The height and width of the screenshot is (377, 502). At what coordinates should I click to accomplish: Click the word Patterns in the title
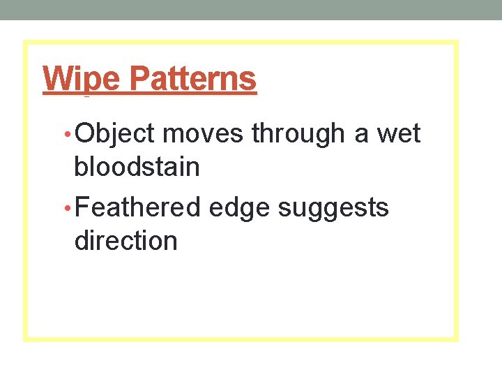coord(193,80)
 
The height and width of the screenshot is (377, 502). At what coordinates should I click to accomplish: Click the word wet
coord(400,133)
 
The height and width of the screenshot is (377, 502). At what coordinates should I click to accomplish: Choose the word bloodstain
coord(137,168)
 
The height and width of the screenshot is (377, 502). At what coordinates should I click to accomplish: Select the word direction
coord(125,241)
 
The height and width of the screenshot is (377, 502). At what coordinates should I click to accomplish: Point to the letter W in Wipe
coord(55,79)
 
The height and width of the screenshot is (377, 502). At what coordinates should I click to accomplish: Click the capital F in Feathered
coord(81,207)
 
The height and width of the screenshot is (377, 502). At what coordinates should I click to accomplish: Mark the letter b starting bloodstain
coord(80,168)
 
